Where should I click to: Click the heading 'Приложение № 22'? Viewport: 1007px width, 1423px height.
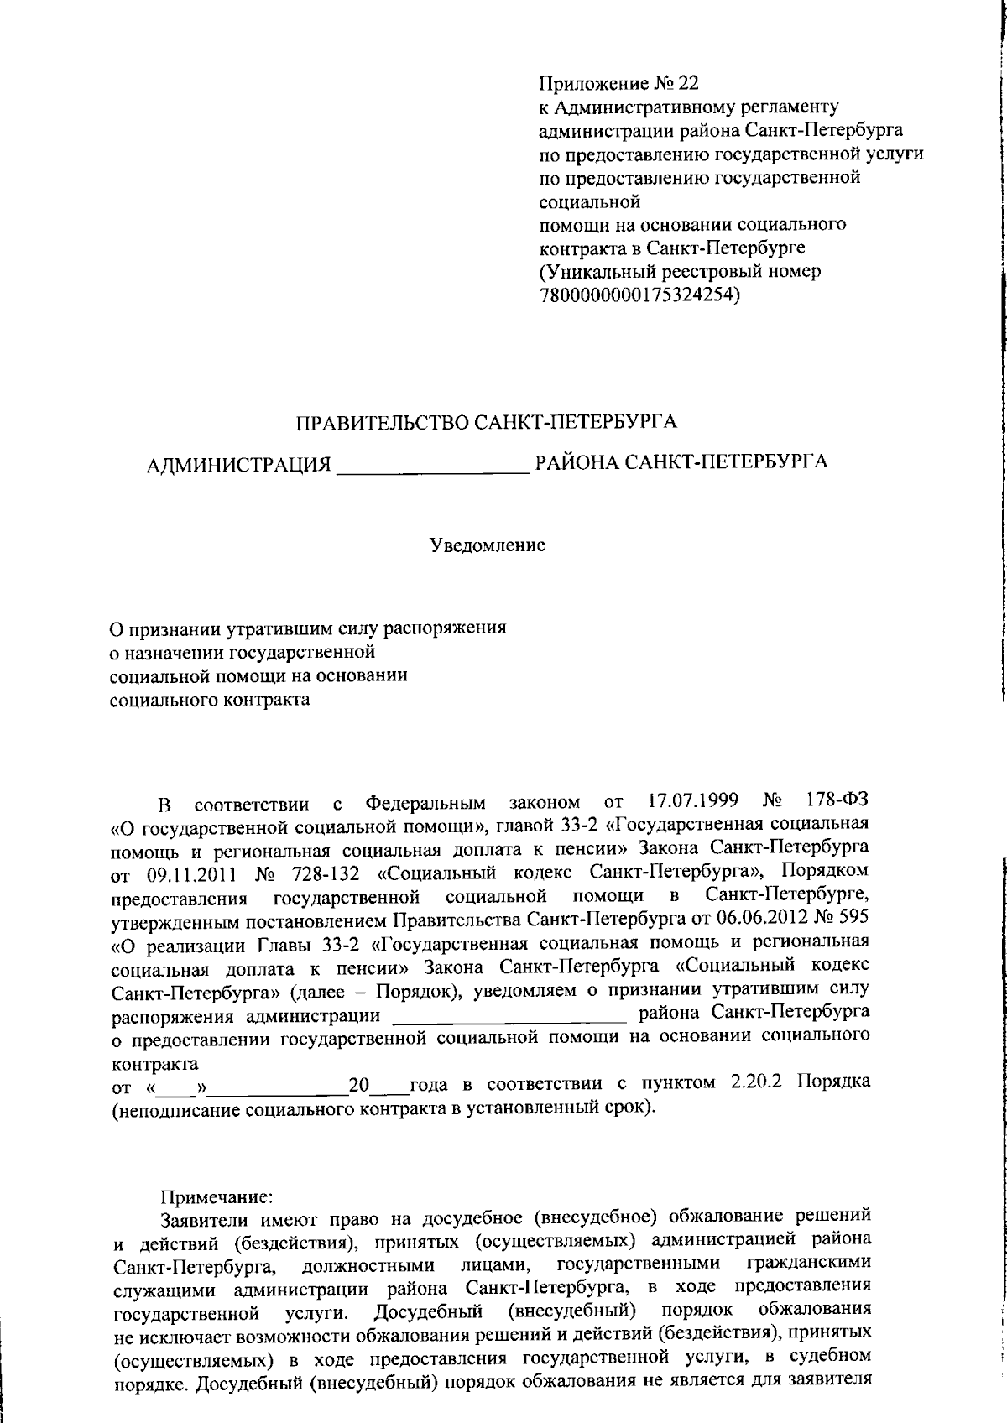pos(618,84)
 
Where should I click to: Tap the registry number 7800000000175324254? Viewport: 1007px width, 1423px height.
pos(638,295)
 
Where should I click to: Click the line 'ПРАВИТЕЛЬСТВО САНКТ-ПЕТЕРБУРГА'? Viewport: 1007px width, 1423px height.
pos(487,422)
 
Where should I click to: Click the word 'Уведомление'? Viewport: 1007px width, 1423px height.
pos(488,545)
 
